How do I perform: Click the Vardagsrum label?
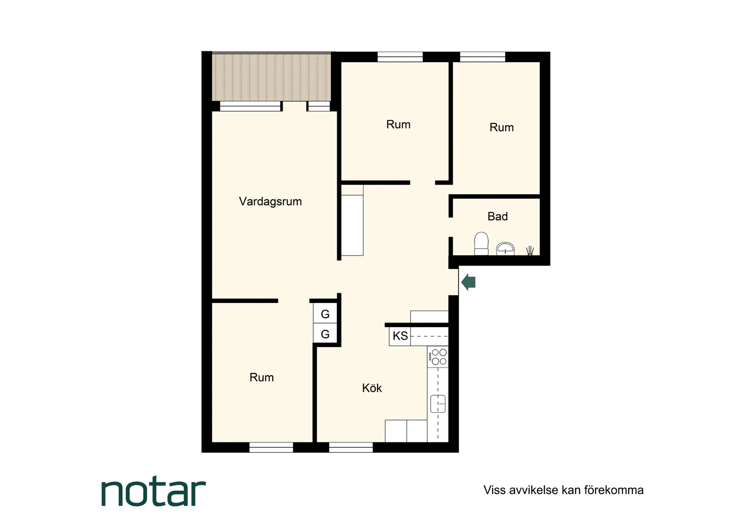270,202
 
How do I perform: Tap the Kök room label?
372,388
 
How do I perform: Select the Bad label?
497,217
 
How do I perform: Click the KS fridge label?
400,336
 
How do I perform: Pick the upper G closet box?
325,314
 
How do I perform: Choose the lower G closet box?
325,334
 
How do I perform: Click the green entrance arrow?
468,282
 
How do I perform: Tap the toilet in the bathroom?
481,244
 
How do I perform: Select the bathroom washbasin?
505,249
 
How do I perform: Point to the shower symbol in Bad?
530,250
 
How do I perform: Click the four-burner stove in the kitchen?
438,357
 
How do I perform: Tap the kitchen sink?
438,404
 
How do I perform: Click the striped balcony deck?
271,77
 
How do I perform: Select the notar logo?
153,493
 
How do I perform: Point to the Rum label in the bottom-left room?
262,378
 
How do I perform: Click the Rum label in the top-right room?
501,128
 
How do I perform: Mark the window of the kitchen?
351,447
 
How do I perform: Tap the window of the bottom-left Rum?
271,447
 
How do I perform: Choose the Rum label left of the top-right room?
398,125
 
